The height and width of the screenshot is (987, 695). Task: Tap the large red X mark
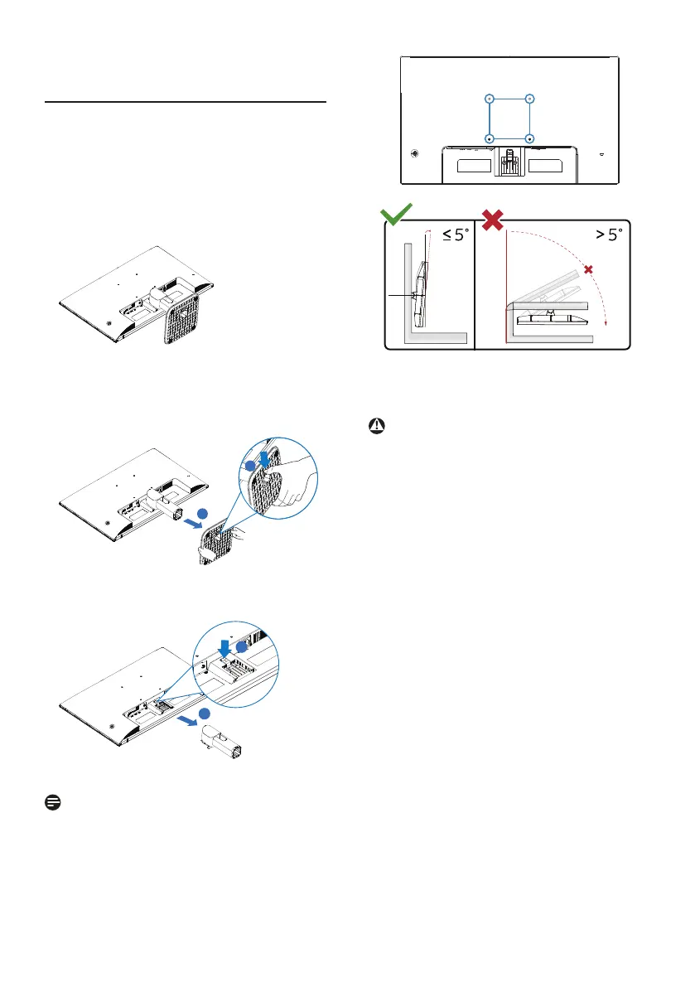pyautogui.click(x=494, y=220)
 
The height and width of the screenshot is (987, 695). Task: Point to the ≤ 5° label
pyautogui.click(x=455, y=235)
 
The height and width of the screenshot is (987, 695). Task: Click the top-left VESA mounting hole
pyautogui.click(x=490, y=98)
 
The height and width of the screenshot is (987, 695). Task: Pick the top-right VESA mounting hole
pyautogui.click(x=529, y=98)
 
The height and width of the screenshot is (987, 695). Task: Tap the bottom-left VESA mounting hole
pyautogui.click(x=490, y=138)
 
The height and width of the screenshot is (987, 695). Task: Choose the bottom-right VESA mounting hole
pyautogui.click(x=529, y=138)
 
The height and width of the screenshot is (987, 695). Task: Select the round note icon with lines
pyautogui.click(x=51, y=801)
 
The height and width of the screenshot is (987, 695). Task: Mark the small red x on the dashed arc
pyautogui.click(x=589, y=270)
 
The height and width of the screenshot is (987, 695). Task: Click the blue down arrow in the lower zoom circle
pyautogui.click(x=223, y=643)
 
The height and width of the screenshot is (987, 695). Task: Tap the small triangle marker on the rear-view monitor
pyautogui.click(x=601, y=154)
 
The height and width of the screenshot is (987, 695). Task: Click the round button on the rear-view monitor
pyautogui.click(x=413, y=153)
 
